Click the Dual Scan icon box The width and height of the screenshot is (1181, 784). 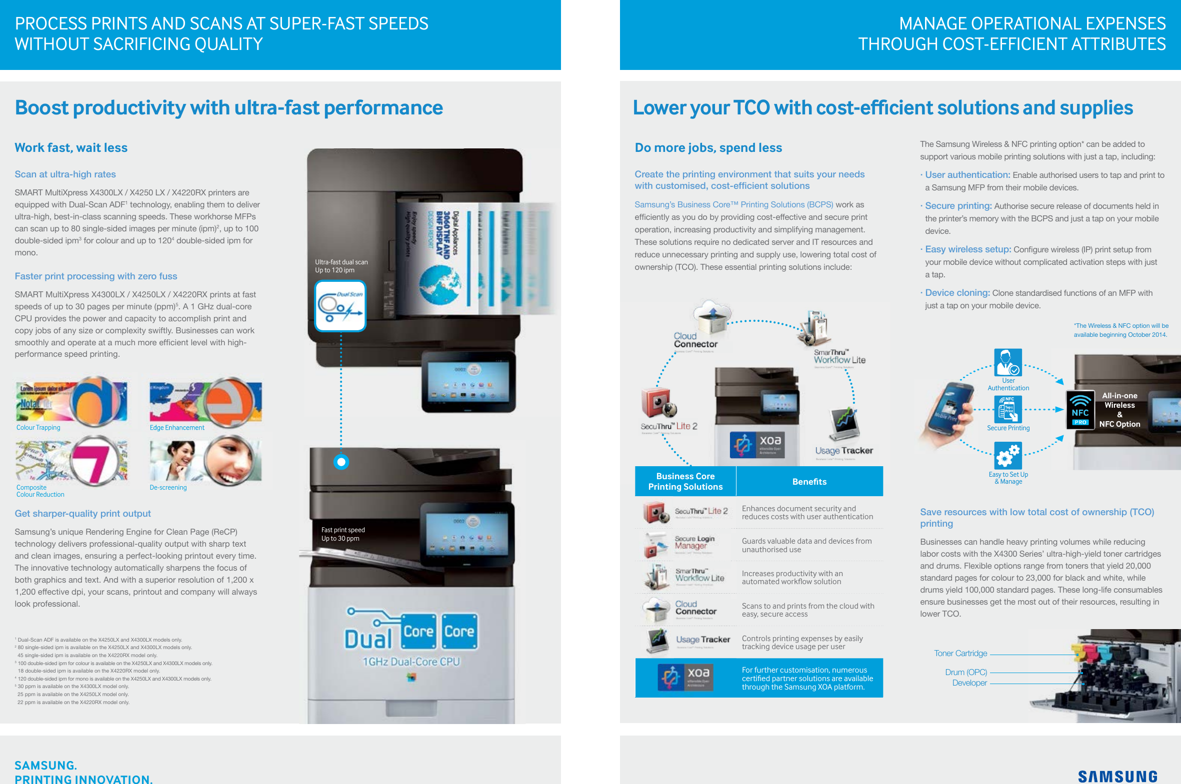click(340, 306)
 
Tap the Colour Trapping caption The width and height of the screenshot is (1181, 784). click(38, 428)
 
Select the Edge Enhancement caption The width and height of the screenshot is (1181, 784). click(177, 428)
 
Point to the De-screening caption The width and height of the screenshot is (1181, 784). click(168, 488)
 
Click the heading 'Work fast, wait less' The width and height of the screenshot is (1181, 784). click(71, 148)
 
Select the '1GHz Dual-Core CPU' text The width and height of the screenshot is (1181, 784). click(410, 662)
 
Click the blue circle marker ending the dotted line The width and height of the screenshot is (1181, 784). click(341, 462)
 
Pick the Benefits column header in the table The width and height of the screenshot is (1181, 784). click(809, 482)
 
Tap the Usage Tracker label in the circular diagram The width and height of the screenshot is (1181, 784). click(844, 451)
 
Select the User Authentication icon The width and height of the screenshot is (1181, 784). click(1007, 362)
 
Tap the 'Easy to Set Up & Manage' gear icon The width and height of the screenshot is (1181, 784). click(1007, 455)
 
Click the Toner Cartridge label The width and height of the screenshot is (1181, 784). click(960, 654)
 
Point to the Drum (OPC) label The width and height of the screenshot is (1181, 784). click(965, 673)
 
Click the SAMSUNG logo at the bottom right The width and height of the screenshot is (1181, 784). click(1117, 776)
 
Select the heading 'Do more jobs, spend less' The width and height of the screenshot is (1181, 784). click(708, 148)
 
